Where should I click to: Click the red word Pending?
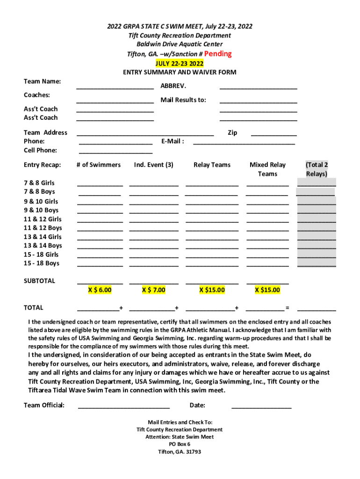218,54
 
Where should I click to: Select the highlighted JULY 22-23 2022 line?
180,63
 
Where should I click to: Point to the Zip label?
232,133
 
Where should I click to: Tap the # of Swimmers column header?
98,165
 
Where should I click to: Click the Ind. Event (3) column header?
153,165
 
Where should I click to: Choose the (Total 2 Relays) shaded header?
317,169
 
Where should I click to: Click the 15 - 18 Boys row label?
42,263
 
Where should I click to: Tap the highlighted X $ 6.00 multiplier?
100,290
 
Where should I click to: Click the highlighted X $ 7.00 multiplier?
154,290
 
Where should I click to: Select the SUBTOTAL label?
39,281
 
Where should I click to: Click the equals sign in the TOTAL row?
287,308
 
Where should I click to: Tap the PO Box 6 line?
180,444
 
